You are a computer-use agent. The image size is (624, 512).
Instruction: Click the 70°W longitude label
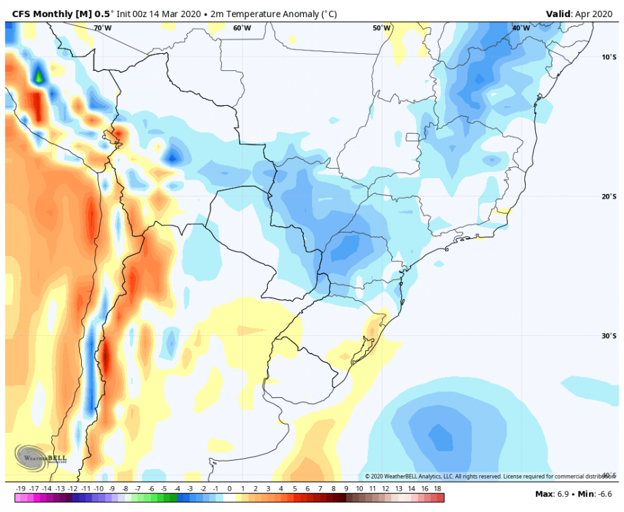[102, 28]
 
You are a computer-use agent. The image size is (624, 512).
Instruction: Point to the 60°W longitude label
[242, 28]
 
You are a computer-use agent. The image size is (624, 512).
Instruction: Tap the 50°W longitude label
[382, 28]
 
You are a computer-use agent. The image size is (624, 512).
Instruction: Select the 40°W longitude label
[520, 28]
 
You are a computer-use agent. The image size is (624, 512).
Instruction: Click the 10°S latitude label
[609, 57]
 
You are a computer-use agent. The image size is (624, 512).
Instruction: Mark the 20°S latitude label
[609, 197]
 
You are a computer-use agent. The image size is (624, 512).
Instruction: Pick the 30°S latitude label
[609, 335]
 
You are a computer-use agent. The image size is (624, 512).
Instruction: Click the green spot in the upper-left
[39, 76]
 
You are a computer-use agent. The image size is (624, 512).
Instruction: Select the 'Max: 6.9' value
[551, 494]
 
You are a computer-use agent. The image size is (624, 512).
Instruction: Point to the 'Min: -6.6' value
[595, 494]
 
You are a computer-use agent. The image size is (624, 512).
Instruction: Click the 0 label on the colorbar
[229, 489]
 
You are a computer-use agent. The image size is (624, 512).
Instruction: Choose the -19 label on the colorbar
[20, 489]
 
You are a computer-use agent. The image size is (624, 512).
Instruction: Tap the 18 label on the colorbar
[437, 489]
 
